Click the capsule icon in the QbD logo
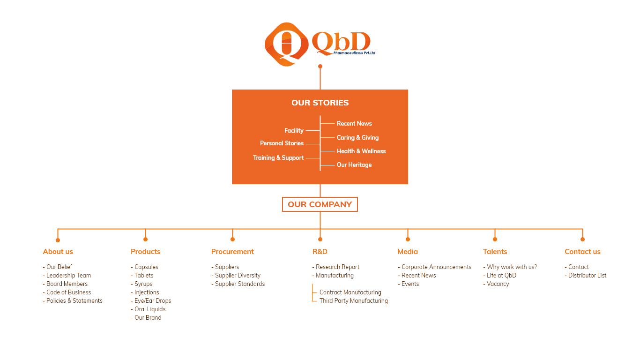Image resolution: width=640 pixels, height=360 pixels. [286, 44]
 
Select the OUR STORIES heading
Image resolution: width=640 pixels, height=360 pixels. [320, 103]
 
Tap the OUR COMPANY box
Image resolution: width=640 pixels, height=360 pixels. [320, 204]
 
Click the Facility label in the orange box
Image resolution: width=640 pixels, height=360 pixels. [294, 131]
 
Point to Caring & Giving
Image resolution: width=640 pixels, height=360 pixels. [357, 137]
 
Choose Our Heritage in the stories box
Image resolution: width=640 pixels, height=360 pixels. [354, 165]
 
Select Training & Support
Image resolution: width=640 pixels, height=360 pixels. [278, 158]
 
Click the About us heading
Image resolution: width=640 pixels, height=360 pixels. [58, 252]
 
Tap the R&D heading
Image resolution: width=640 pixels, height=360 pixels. [320, 252]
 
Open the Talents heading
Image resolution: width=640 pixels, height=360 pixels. [495, 252]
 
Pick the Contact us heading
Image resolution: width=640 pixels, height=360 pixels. [582, 252]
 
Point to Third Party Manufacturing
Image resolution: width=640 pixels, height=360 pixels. [353, 301]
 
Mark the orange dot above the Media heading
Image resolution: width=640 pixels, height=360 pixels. [408, 240]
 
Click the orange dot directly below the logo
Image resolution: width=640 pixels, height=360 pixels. [320, 67]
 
